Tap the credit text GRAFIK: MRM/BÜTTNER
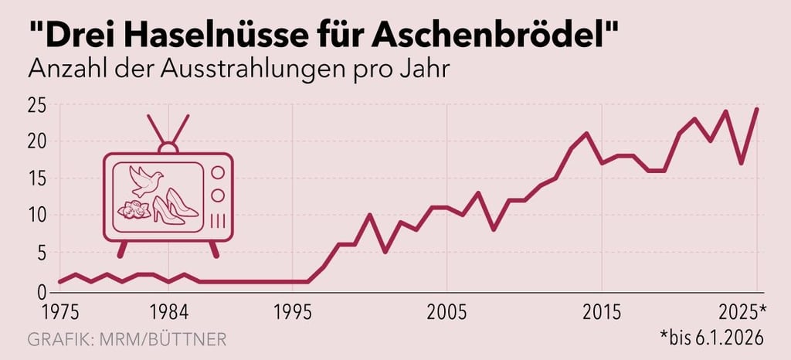point(127,339)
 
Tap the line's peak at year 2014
point(587,134)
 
